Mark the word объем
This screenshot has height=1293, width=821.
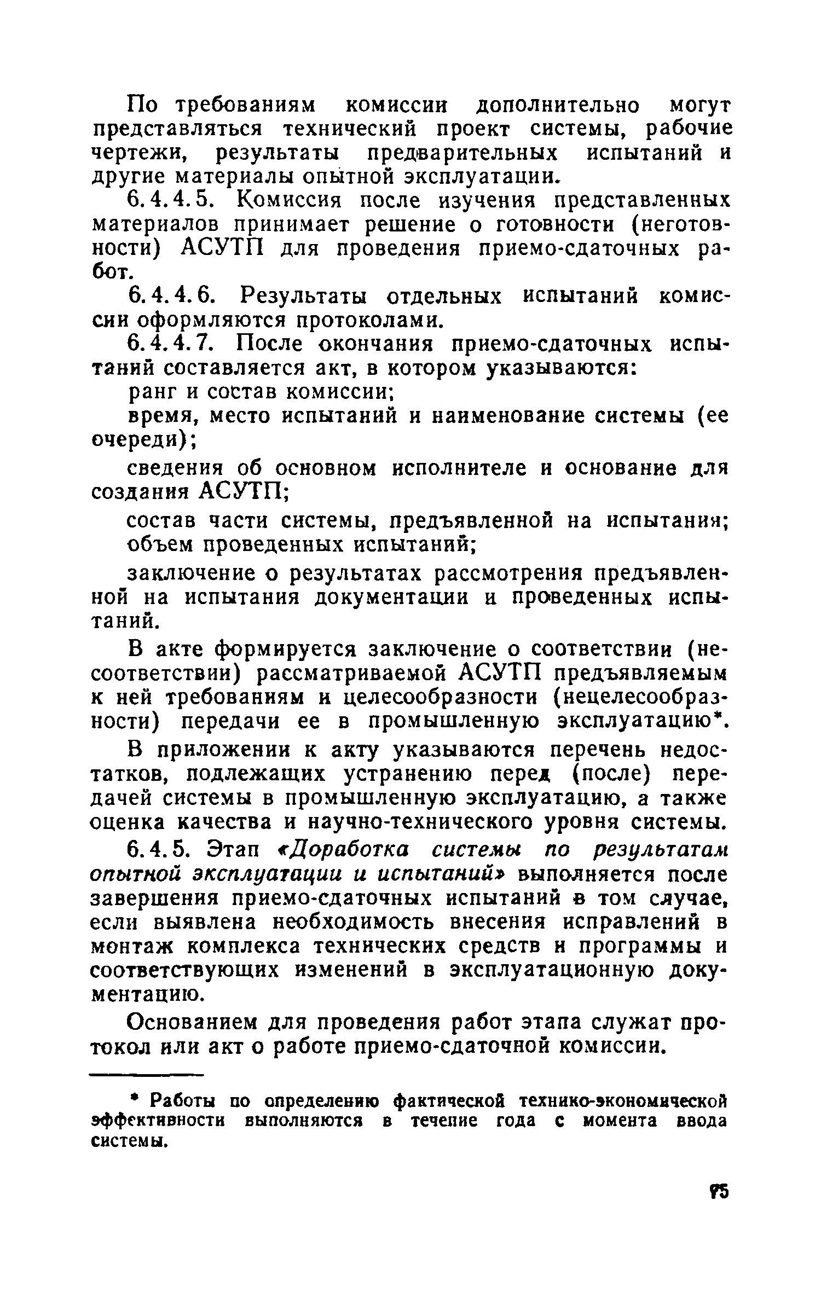pos(162,545)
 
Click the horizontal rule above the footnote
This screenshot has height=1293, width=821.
pos(146,1075)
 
